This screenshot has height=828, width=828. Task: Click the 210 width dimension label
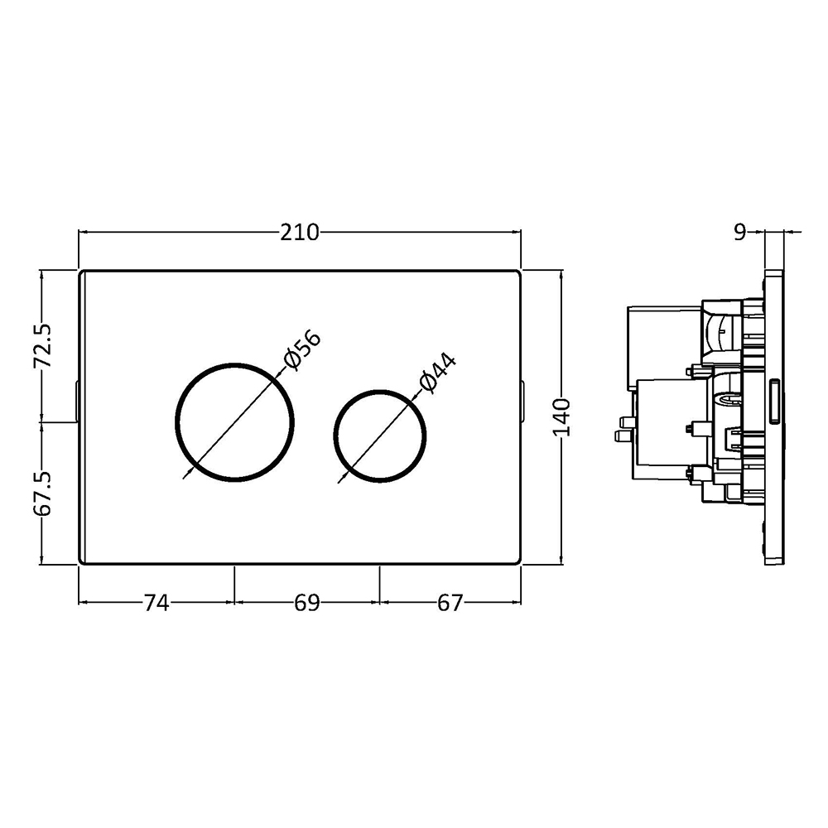[299, 233]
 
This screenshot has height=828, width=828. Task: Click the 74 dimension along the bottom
[156, 603]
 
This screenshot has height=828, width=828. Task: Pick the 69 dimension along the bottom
[306, 603]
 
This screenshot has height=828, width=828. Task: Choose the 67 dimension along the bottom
[450, 603]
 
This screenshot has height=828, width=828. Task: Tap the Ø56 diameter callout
[301, 349]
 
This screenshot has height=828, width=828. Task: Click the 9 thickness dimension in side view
[739, 233]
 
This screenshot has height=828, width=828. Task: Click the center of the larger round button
[235, 421]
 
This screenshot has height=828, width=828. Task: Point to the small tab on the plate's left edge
[76, 402]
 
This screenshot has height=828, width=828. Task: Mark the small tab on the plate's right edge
[524, 402]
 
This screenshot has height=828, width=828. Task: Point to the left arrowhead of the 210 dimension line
[81, 233]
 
